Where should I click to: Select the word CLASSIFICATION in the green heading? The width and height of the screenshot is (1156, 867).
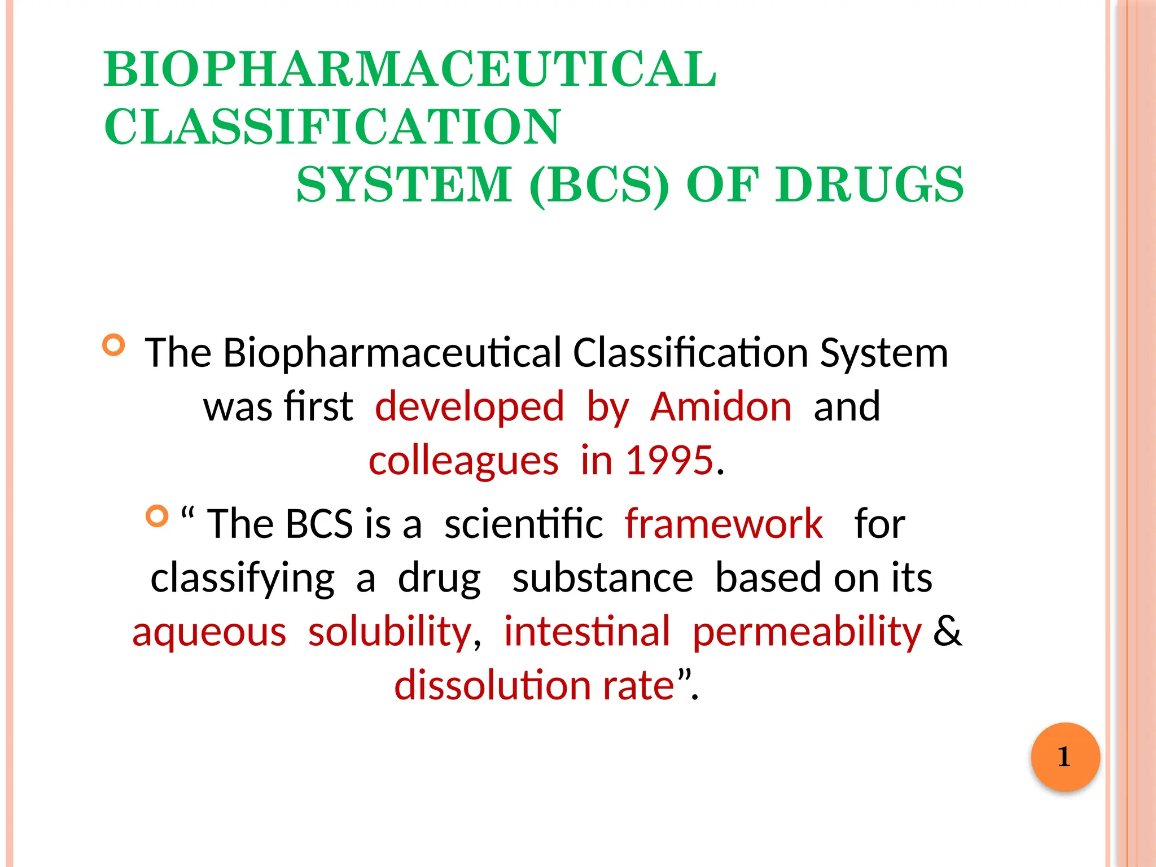pyautogui.click(x=332, y=127)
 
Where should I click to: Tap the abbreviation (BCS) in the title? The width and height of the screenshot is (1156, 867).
pyautogui.click(x=599, y=185)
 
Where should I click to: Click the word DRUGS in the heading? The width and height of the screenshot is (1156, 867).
pyautogui.click(x=870, y=185)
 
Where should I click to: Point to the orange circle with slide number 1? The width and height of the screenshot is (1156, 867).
pyautogui.click(x=1065, y=757)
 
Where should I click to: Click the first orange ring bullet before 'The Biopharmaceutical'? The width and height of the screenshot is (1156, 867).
pyautogui.click(x=113, y=345)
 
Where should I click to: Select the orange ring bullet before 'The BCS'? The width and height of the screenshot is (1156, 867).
pyautogui.click(x=157, y=516)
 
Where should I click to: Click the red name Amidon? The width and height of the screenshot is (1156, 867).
pyautogui.click(x=721, y=407)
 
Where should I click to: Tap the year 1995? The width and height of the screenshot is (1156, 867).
pyautogui.click(x=669, y=461)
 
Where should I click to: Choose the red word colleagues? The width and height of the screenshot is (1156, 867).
pyautogui.click(x=463, y=461)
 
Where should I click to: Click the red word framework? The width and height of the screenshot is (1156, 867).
pyautogui.click(x=724, y=524)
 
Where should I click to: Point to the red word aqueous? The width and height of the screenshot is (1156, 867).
pyautogui.click(x=209, y=632)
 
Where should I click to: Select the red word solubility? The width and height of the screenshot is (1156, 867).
pyautogui.click(x=390, y=632)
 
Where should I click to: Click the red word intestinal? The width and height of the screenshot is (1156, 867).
pyautogui.click(x=587, y=632)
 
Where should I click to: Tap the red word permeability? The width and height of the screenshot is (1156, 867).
pyautogui.click(x=807, y=632)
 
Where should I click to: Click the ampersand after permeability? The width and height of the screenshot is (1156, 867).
pyautogui.click(x=947, y=632)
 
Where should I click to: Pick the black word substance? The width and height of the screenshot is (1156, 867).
pyautogui.click(x=602, y=578)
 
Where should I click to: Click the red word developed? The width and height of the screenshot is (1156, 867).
pyautogui.click(x=469, y=407)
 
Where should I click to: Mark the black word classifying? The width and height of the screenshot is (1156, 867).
pyautogui.click(x=243, y=579)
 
